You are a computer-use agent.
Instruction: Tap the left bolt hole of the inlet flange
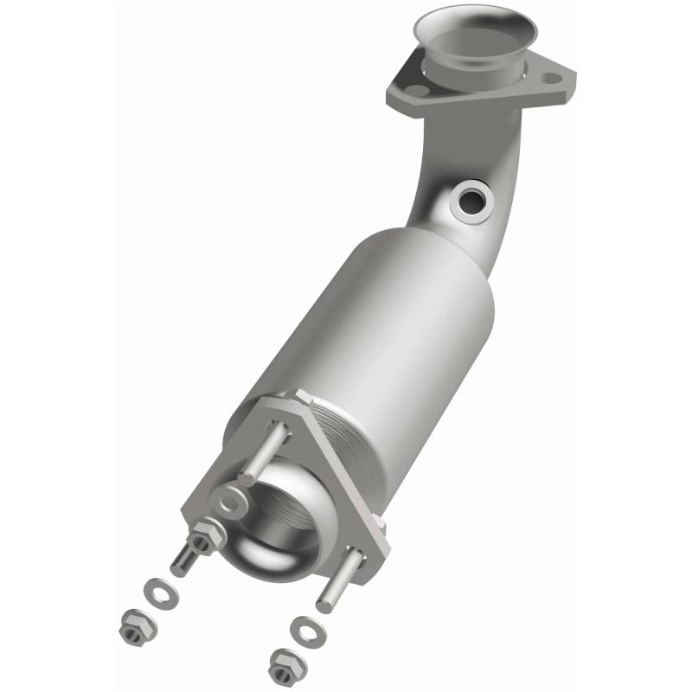tap(417, 90)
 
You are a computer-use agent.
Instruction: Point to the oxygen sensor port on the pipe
tap(472, 200)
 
